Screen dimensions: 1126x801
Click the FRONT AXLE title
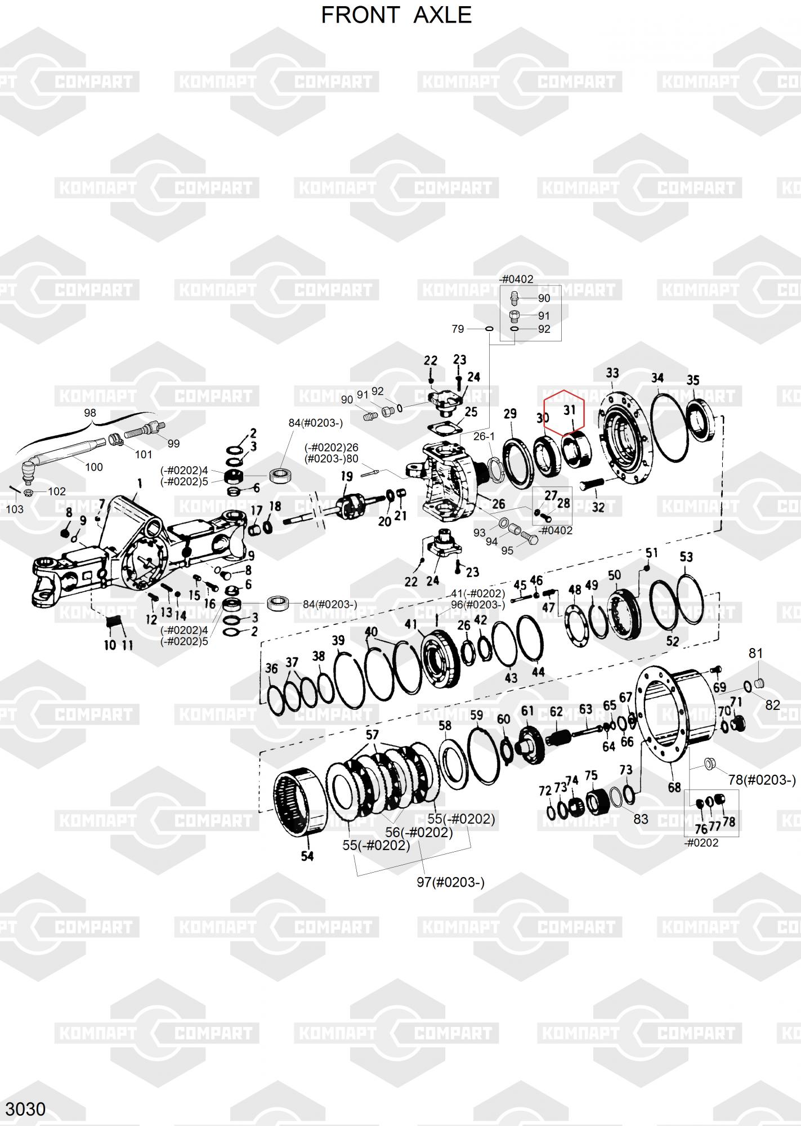pos(396,15)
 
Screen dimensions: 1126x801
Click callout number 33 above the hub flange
pos(612,373)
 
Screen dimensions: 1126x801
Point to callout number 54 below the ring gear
pos(307,856)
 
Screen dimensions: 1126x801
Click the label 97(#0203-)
pos(450,882)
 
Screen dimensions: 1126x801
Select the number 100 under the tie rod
pos(94,467)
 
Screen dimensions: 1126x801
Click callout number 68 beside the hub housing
pos(674,788)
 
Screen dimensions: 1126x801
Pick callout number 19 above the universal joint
pos(347,477)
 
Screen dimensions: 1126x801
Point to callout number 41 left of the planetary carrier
pos(410,624)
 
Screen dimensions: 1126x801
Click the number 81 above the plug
pos(755,653)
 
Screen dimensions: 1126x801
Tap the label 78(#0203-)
pos(762,780)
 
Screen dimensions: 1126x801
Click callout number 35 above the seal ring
pos(693,380)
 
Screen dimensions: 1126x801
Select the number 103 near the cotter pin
pos(15,509)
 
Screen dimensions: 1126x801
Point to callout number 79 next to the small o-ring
pos(458,329)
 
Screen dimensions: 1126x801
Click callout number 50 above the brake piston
pos(614,575)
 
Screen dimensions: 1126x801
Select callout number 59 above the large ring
pos(476,716)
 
